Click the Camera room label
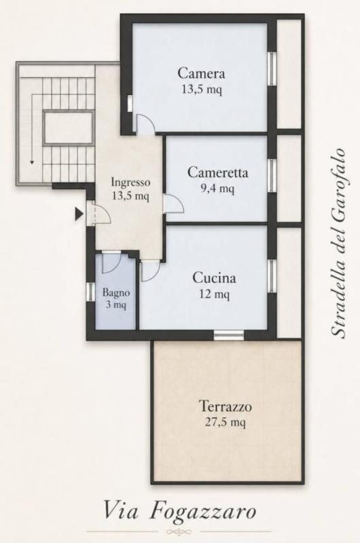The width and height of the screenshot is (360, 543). pos(201,73)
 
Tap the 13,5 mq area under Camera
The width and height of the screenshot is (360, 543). pos(202,90)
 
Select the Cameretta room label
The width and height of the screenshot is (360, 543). pos(217,172)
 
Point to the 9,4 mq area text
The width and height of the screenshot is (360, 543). pos(217,189)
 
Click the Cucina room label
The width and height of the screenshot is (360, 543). pos(214,278)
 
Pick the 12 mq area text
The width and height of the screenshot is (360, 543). pos(214,294)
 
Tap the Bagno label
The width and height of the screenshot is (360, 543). pos(116,293)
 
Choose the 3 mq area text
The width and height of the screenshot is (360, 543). pos(116,305)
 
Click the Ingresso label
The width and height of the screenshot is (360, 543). pos(130,182)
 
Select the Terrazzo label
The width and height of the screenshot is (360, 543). pos(226,406)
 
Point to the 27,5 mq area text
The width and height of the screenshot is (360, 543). pos(226,422)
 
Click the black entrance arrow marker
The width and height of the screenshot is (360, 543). pos(79,214)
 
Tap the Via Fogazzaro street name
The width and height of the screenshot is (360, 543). pos(180,512)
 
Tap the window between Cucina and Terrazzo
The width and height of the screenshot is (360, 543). pos(229,335)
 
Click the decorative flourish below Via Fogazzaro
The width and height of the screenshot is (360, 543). pos(179,531)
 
